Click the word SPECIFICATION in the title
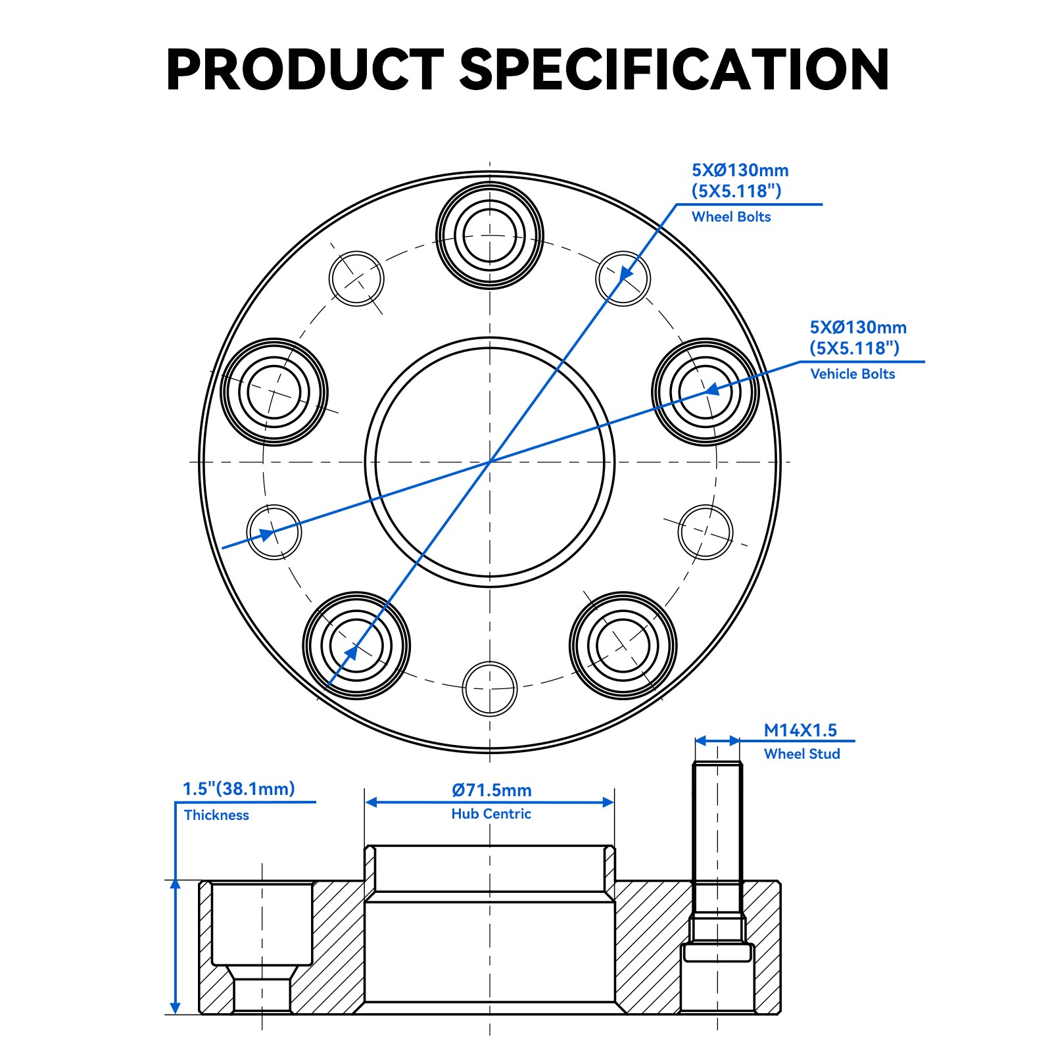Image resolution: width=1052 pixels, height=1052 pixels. coord(674,69)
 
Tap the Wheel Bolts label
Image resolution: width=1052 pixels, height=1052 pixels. coord(731,217)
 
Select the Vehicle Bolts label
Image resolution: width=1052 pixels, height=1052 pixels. coord(853,374)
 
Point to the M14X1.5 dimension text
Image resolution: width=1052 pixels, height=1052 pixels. coord(800,730)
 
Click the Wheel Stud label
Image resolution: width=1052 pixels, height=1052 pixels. coord(802,754)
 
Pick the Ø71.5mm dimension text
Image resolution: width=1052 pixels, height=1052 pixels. coord(492,790)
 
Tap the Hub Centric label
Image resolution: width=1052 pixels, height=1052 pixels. coord(491,814)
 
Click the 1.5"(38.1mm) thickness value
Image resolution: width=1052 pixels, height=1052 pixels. coord(239,789)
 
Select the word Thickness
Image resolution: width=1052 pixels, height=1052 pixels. coord(216,815)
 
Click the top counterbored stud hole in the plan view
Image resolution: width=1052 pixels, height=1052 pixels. coord(490,235)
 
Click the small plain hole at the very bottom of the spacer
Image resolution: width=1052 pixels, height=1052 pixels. coord(490,688)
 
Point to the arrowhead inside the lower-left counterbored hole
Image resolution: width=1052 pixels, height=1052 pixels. coord(352,652)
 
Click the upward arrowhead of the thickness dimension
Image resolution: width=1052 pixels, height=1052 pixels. coord(176,886)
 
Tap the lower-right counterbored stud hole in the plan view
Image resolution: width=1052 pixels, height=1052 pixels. coord(623,645)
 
